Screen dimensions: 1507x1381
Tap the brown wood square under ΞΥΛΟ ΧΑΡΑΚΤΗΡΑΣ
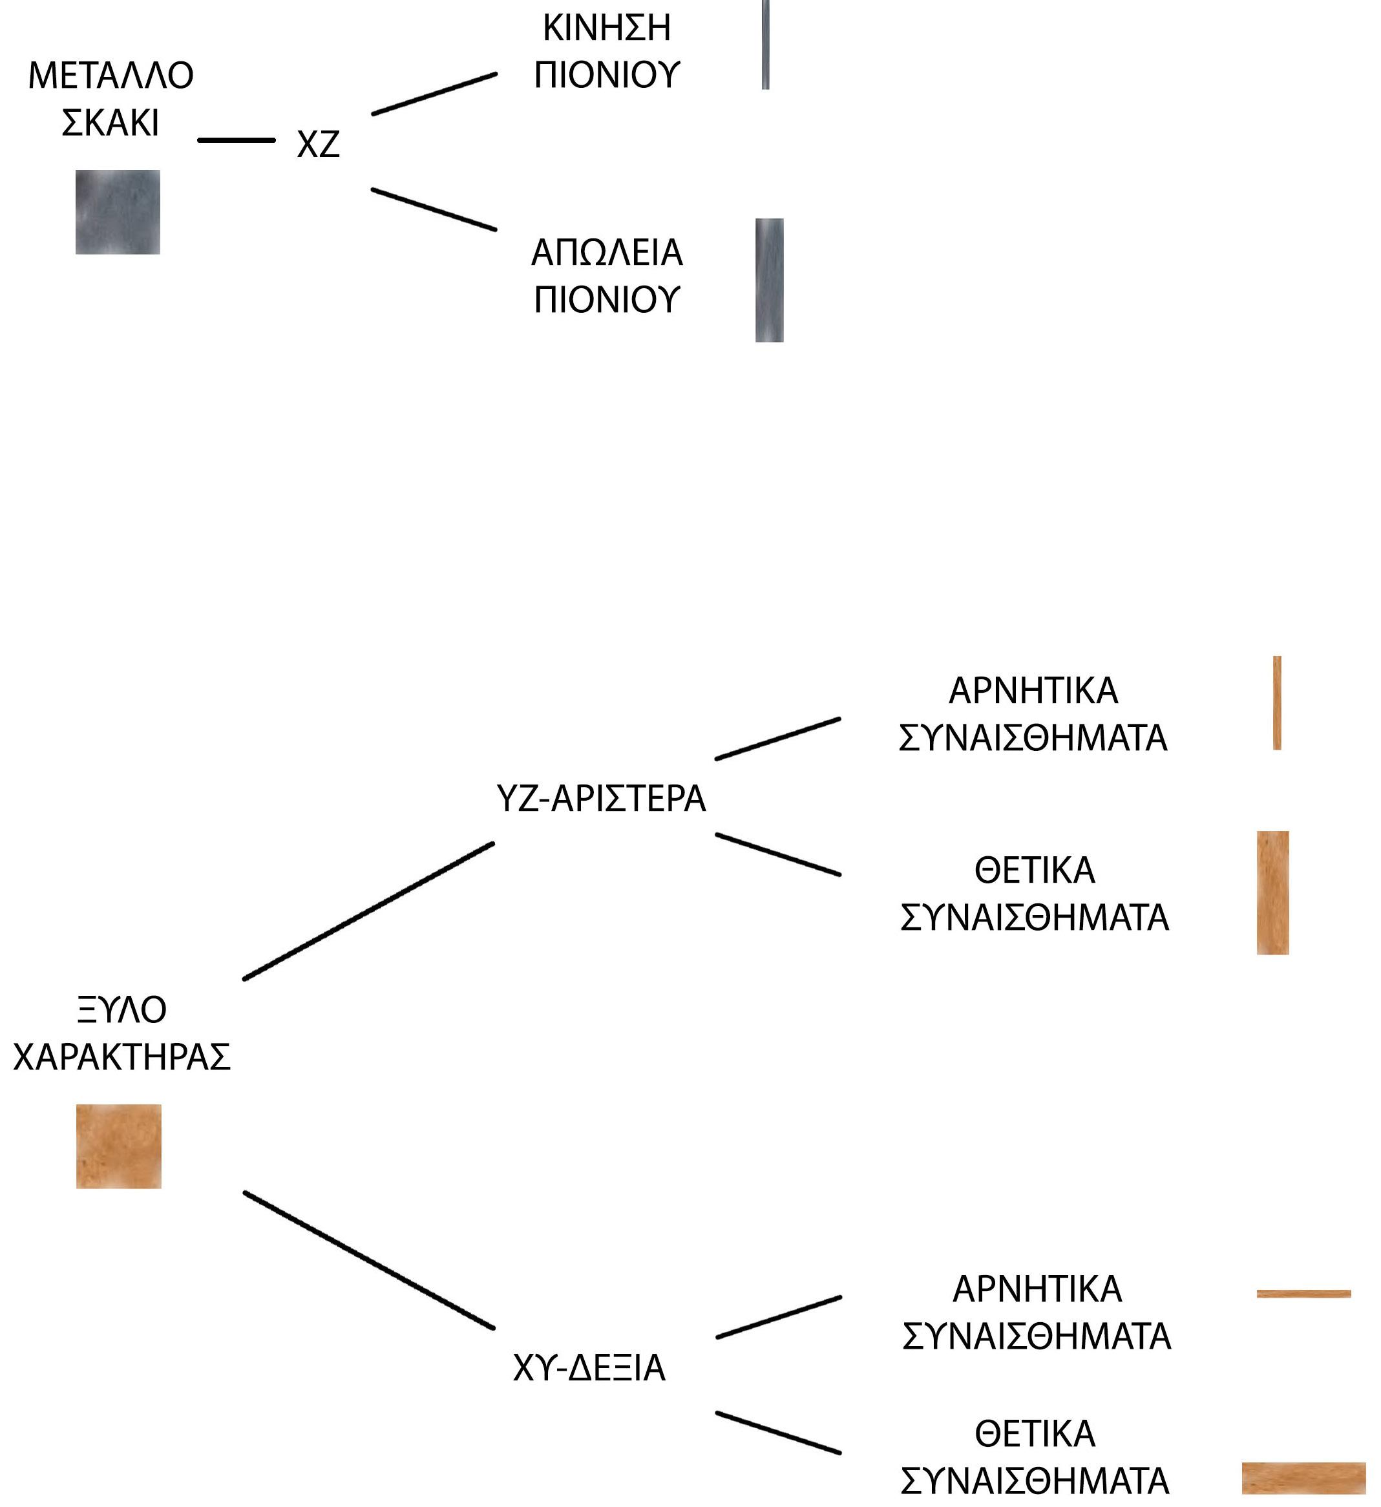tap(119, 1146)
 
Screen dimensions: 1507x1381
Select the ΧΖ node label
tap(319, 144)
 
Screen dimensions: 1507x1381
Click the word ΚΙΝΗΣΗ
tap(606, 28)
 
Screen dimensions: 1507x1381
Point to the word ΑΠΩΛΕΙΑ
tap(606, 253)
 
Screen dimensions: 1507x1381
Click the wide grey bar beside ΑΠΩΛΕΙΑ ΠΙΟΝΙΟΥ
tap(770, 280)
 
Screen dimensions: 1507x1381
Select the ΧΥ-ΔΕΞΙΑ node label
tap(589, 1369)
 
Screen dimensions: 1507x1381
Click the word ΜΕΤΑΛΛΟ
tap(111, 76)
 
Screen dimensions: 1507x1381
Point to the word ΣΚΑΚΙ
tap(111, 123)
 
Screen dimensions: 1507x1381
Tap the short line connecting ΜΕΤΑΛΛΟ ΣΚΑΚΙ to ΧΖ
tap(237, 140)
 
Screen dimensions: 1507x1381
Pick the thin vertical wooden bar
tap(1277, 702)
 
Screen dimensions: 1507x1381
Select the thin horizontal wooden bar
tap(1304, 1294)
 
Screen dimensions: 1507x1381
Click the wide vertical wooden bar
tap(1272, 892)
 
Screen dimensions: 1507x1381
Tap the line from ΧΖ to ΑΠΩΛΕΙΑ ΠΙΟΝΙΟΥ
tap(434, 209)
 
